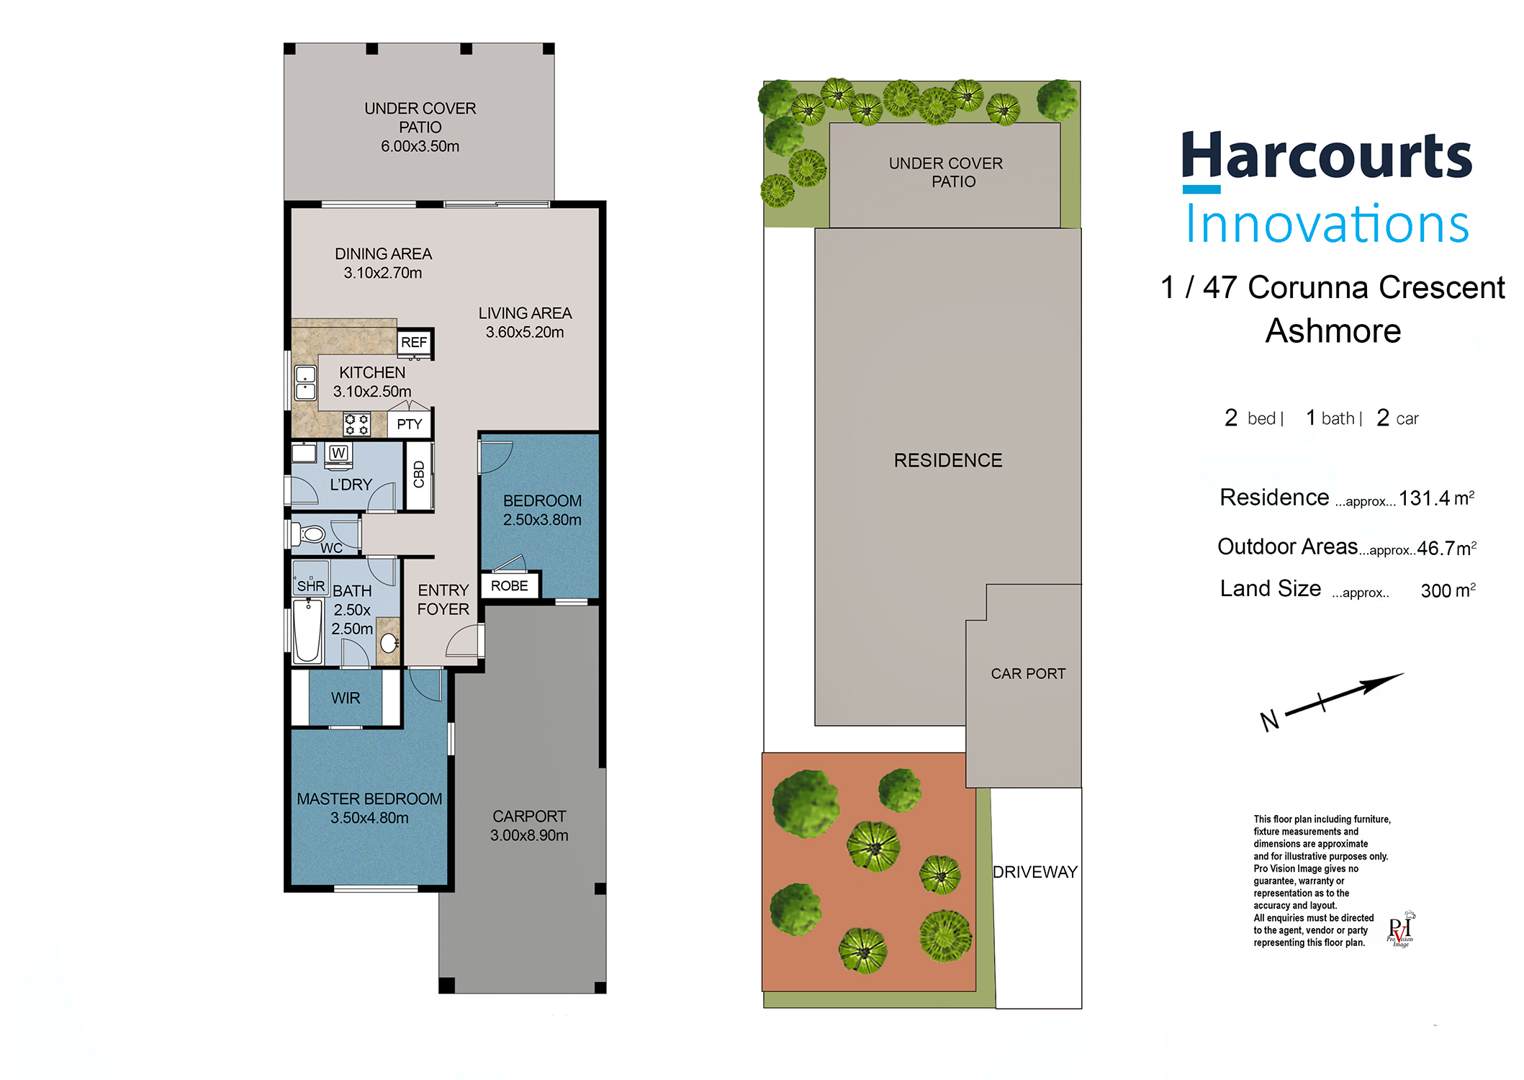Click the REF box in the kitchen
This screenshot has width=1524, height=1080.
click(x=414, y=342)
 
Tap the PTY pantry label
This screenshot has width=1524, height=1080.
click(x=410, y=424)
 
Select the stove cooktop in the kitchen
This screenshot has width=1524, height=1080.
click(x=356, y=424)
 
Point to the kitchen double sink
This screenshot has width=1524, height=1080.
click(x=305, y=382)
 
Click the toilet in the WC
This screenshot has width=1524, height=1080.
click(x=309, y=534)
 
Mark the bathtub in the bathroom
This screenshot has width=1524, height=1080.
click(x=307, y=631)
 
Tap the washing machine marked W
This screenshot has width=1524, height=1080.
click(x=338, y=453)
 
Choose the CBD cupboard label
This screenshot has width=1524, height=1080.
click(x=419, y=474)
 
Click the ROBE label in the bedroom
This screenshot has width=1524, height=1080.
click(x=509, y=586)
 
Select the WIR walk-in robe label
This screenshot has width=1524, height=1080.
click(x=346, y=698)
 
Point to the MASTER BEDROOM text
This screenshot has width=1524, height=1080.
click(x=369, y=799)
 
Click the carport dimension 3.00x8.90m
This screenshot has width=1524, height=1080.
click(x=529, y=835)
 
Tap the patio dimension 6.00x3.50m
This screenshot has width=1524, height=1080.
click(x=420, y=146)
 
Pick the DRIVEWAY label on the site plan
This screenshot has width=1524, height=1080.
click(x=1035, y=872)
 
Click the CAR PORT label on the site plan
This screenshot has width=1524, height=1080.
click(x=1028, y=674)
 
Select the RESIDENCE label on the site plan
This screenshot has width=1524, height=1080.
click(x=948, y=460)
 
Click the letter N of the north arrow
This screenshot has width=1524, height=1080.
click(x=1270, y=720)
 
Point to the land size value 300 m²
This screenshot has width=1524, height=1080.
click(x=1448, y=590)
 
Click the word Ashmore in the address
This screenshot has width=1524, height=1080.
click(x=1333, y=331)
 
